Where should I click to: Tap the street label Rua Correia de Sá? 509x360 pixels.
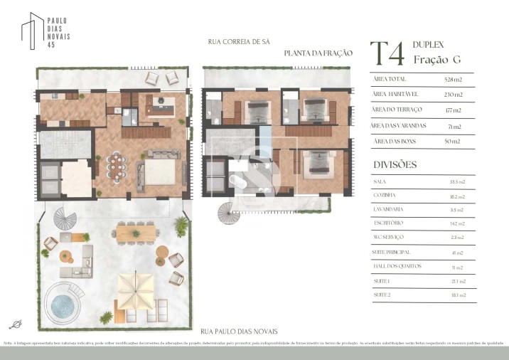coord(239,42)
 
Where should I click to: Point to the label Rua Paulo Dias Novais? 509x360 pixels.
coord(239,332)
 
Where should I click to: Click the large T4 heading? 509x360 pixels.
coord(387,54)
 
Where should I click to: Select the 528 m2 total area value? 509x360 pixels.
coord(453,79)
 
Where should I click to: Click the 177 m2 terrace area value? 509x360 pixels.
coord(453,110)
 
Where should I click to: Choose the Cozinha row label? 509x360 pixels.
coord(385,194)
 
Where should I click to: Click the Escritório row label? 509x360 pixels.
coord(388,223)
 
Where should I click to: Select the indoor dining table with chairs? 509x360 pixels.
coord(116,167)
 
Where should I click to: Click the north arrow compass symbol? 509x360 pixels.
coord(15,324)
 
